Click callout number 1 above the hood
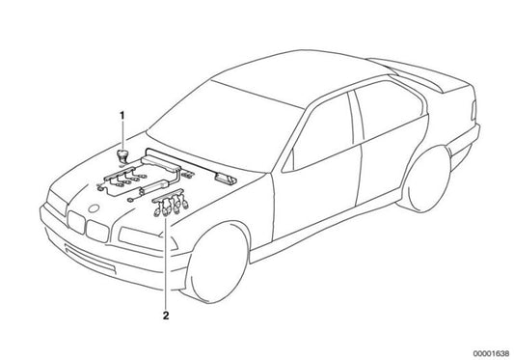tap(122, 116)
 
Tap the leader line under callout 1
tap(122, 135)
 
